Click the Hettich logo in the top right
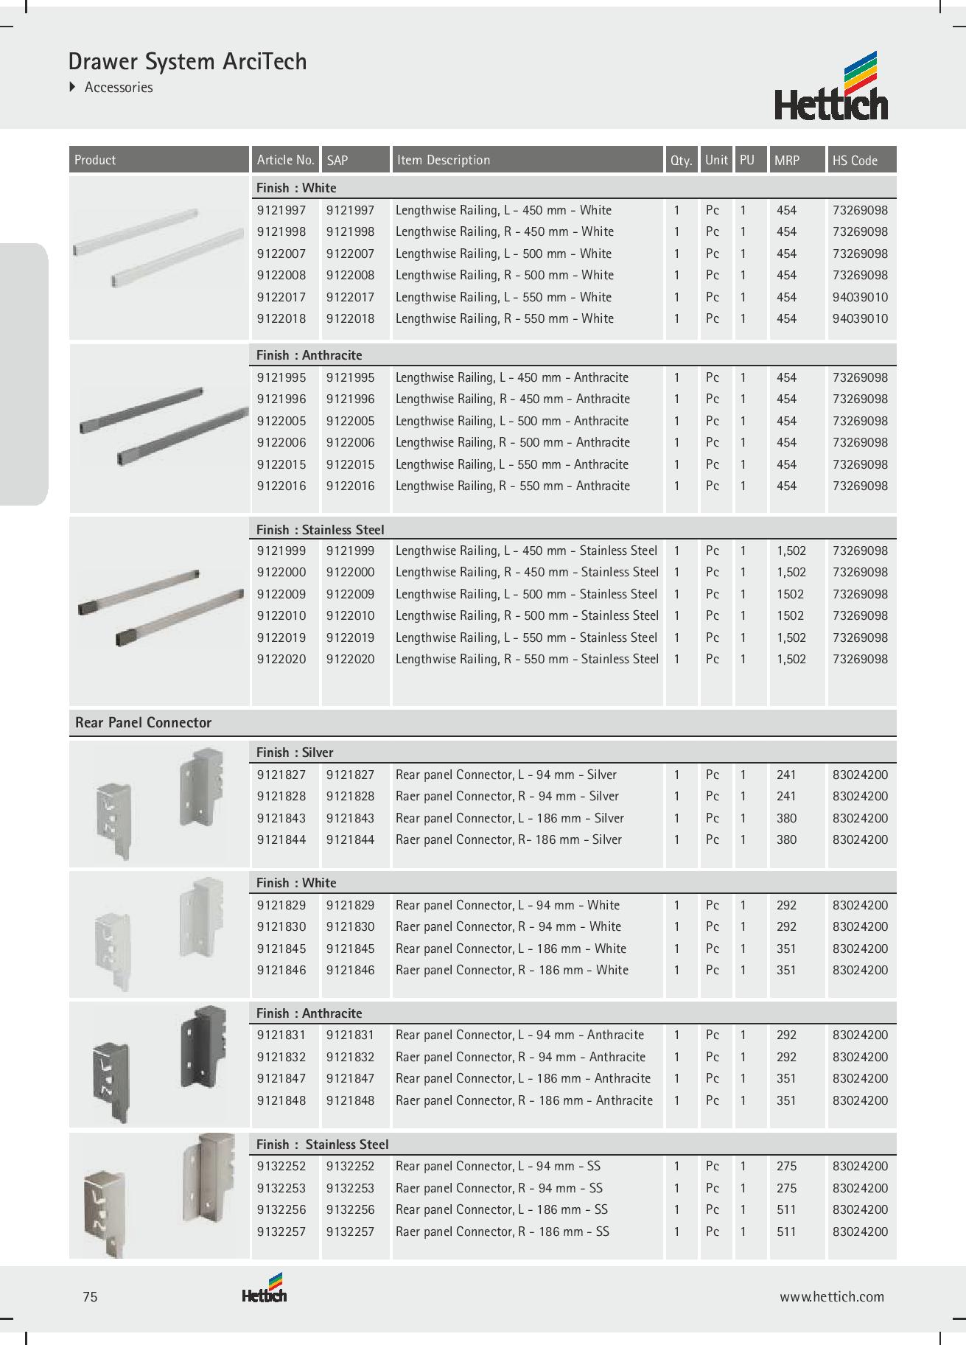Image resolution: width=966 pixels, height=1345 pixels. (831, 87)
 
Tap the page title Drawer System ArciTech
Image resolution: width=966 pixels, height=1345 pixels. (187, 61)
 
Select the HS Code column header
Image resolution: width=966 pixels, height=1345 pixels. (855, 160)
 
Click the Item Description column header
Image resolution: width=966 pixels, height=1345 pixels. (443, 160)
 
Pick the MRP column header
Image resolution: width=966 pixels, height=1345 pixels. (786, 160)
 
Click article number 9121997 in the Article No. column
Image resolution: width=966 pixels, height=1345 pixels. (281, 210)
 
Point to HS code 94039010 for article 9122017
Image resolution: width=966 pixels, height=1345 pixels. (860, 297)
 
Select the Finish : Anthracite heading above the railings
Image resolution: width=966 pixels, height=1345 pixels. (309, 355)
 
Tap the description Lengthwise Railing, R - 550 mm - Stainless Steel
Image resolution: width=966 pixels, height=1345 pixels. (527, 659)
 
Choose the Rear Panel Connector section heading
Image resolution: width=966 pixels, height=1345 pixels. (143, 722)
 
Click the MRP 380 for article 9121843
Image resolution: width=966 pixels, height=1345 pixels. (786, 818)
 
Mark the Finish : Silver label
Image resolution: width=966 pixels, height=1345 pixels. (295, 752)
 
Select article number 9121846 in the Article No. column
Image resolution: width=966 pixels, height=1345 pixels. (281, 970)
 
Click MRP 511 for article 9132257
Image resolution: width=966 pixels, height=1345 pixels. (786, 1232)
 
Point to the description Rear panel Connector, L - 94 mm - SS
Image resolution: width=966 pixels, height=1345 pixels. (498, 1166)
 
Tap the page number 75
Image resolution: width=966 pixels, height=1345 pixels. (90, 1296)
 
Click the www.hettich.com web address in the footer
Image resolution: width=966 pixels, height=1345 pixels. (832, 1296)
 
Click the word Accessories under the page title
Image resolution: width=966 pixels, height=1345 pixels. (119, 87)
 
